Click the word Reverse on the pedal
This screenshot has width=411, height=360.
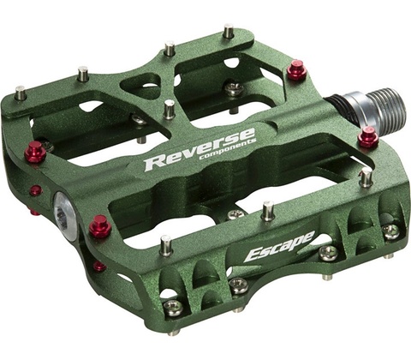[200, 149]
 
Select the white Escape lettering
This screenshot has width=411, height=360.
[279, 246]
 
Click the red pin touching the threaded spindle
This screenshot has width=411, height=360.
[368, 137]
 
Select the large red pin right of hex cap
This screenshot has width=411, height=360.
[100, 225]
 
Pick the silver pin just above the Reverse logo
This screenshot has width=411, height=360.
[169, 109]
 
